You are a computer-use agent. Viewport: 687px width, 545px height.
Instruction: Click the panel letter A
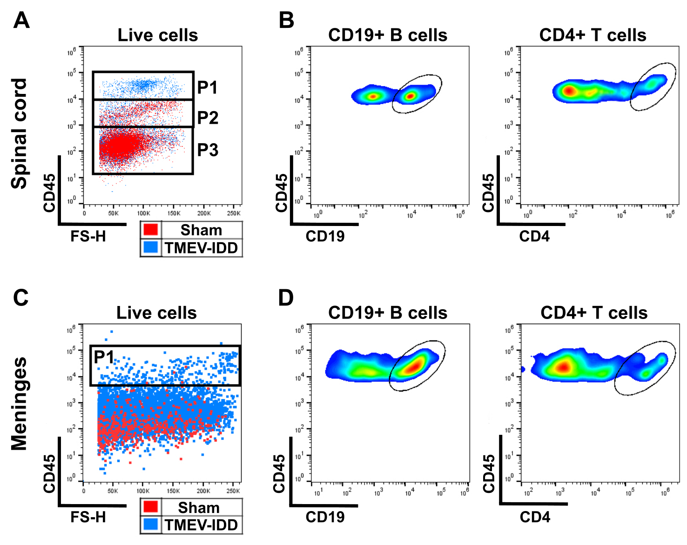coord(21,21)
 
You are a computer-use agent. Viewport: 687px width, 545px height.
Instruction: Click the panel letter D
coord(286,298)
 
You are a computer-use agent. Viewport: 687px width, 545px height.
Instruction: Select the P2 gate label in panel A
coord(208,118)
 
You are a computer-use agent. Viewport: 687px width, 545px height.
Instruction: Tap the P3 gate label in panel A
coord(208,150)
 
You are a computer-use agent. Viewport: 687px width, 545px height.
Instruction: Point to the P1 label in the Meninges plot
coord(104,357)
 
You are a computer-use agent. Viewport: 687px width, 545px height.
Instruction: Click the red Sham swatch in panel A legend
coord(151,230)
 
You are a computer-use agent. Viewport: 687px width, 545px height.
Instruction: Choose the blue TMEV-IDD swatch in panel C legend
coord(151,525)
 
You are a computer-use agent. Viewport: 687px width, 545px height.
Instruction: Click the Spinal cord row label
coord(19,133)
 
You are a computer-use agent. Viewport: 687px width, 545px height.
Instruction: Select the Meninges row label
coord(19,404)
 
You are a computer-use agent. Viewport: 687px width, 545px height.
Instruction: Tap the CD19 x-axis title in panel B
coord(325,236)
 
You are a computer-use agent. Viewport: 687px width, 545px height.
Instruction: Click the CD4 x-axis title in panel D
coord(535,517)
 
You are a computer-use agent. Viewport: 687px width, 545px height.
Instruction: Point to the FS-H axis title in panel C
coord(88,517)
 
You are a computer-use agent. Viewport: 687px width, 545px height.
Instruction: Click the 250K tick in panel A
coord(234,213)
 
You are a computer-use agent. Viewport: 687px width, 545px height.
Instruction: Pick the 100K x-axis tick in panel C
coord(143,491)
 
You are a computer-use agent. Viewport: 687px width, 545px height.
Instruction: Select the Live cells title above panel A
coord(158,35)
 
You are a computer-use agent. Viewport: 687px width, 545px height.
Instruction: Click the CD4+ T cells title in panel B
coord(593,35)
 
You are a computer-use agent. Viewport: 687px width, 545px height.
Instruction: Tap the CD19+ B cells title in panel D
coord(388,313)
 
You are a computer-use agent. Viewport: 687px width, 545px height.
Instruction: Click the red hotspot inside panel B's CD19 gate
coord(411,96)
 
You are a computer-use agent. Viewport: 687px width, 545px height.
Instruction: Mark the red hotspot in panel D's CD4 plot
coord(564,367)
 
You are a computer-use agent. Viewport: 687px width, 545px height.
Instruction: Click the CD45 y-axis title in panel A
coord(49,193)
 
